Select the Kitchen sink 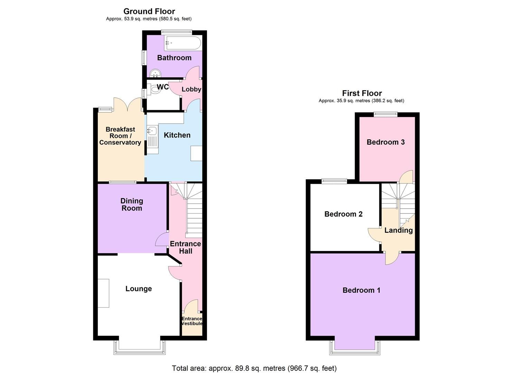pos(152,131)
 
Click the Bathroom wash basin pos(156,73)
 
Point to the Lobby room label pos(191,89)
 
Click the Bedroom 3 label pos(386,142)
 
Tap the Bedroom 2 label pos(343,214)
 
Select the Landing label pos(399,230)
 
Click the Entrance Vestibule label pos(192,321)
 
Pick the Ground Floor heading pos(149,11)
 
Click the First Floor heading pos(362,93)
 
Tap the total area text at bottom pos(254,368)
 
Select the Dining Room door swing pos(161,239)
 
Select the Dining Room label pos(132,204)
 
